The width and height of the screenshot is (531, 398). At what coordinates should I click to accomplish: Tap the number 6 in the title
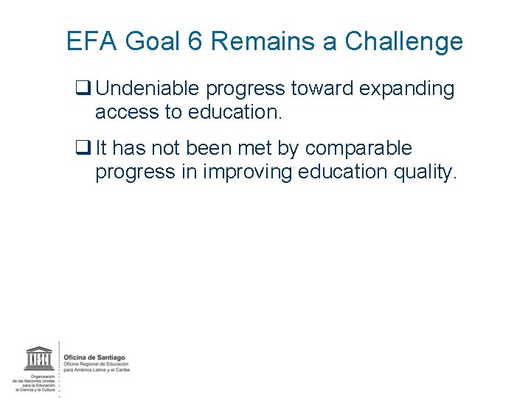pos(195,41)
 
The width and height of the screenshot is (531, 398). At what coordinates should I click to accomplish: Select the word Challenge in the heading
pos(404,41)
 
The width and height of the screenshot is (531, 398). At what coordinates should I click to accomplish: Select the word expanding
pos(409,90)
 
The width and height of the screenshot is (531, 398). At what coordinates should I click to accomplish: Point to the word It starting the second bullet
pos(101,148)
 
